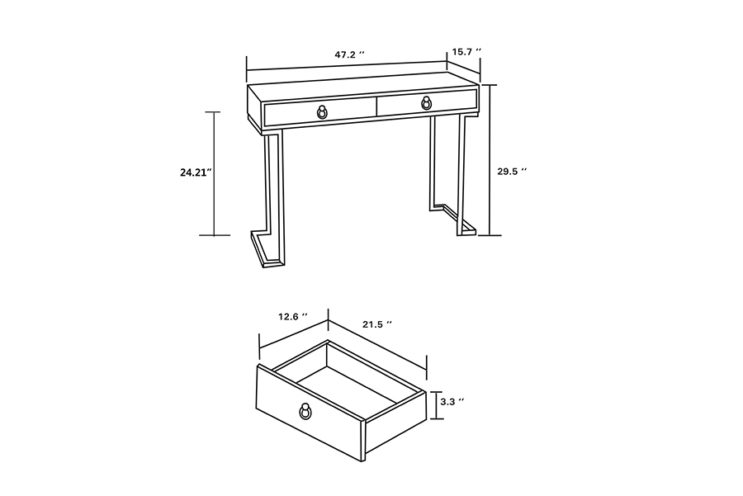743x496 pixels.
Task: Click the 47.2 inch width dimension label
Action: [350, 54]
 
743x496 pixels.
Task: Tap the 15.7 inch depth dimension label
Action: [466, 51]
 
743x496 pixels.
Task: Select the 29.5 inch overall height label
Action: [512, 172]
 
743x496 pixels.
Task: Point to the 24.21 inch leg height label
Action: [195, 172]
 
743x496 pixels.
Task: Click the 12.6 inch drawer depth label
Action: [293, 316]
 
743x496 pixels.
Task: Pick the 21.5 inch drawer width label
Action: [377, 324]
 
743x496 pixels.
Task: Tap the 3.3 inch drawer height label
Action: [452, 402]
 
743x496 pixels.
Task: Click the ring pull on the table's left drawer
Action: [322, 111]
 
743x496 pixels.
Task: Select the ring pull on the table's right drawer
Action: [427, 103]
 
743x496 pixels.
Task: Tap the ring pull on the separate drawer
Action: [305, 411]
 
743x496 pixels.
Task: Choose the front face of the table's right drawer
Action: [427, 103]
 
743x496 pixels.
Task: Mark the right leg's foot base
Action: [455, 220]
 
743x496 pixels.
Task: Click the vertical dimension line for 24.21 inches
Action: [214, 173]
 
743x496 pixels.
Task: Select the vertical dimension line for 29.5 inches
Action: [490, 159]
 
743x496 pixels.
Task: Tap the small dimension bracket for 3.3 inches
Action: [437, 405]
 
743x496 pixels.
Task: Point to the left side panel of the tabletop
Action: [255, 108]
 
